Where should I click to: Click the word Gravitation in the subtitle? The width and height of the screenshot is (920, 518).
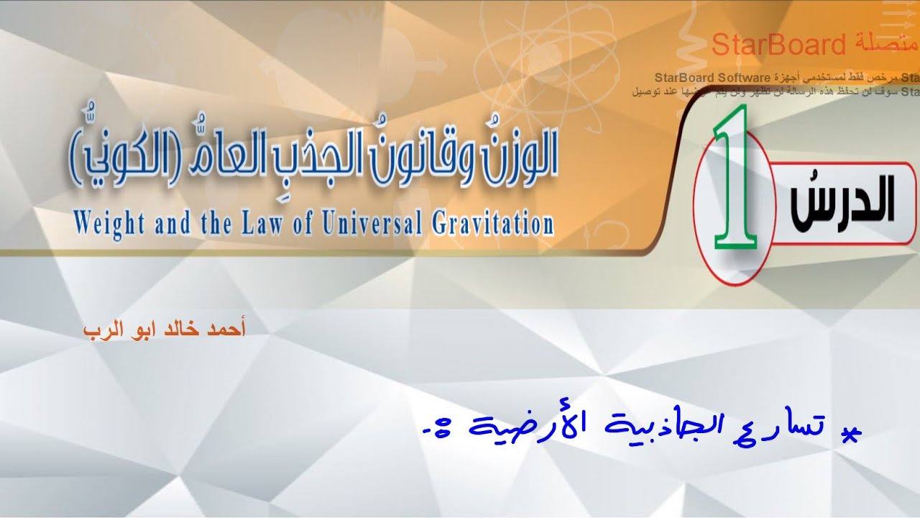pos(492,222)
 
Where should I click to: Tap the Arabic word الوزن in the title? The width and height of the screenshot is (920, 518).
pos(514,155)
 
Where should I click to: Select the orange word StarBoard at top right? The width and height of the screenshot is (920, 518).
pos(778,45)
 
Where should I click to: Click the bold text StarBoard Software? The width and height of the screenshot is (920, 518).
pos(712,77)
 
